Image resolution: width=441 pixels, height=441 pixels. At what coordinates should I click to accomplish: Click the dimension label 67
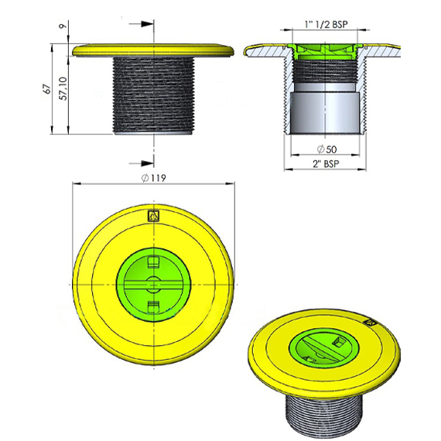[49, 89]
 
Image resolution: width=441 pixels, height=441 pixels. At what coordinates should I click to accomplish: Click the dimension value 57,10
[64, 88]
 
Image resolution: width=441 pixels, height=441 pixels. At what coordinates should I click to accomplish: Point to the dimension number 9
[63, 26]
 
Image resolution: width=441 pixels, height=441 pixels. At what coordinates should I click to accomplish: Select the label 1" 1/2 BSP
[326, 24]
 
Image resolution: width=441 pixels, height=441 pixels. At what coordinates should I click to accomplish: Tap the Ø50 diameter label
[326, 149]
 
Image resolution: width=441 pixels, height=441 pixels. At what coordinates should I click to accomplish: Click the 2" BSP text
[326, 164]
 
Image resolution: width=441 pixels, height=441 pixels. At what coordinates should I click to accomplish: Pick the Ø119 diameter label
[153, 178]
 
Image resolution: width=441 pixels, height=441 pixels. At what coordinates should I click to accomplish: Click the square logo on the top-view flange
[154, 217]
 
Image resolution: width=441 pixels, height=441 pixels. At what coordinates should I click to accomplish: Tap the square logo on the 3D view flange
[370, 323]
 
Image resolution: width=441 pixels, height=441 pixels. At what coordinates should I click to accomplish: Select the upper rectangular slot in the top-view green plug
[153, 262]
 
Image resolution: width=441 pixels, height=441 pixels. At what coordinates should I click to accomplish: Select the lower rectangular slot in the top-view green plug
[153, 307]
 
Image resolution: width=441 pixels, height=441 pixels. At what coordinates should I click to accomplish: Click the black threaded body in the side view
[153, 95]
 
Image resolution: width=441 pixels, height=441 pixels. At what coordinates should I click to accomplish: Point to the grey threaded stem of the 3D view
[324, 415]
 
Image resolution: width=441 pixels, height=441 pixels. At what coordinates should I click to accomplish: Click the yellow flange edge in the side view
[153, 50]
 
